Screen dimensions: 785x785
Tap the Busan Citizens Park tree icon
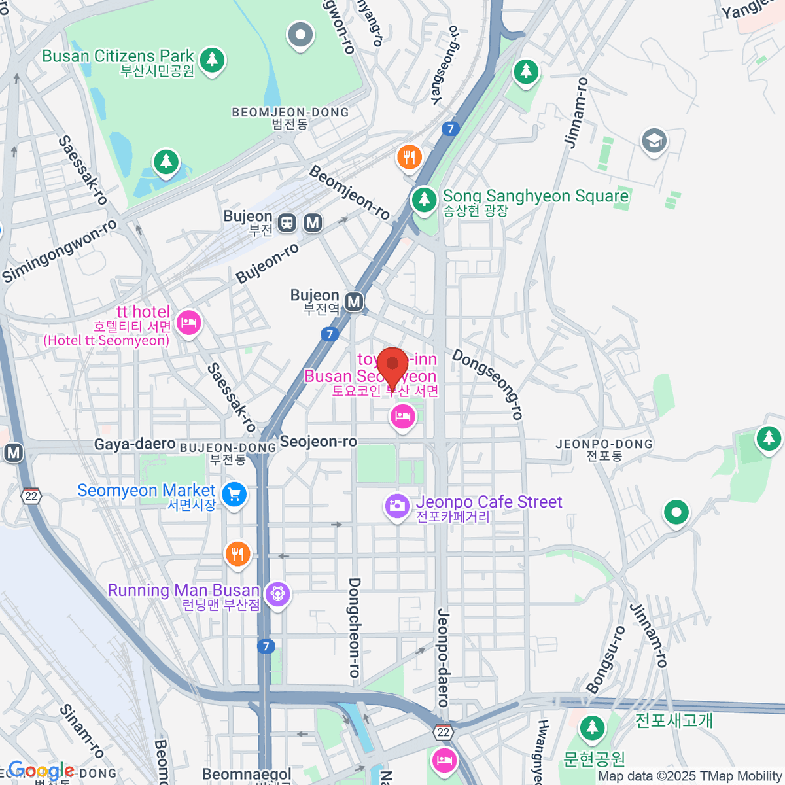tap(211, 60)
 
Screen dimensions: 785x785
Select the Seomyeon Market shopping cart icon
tap(234, 494)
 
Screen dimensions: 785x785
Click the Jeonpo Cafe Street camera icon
tap(396, 505)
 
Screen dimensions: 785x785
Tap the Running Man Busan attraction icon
tap(278, 594)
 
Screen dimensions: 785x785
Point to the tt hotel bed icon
tap(189, 323)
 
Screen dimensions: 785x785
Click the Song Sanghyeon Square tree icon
tap(424, 199)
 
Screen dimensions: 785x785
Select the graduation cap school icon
tap(654, 141)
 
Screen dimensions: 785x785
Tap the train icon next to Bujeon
tap(287, 223)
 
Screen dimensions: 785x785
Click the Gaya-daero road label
tap(135, 445)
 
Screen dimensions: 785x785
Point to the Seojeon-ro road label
tap(319, 442)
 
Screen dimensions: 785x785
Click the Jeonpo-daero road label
tap(443, 657)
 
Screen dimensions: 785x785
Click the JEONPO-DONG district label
tap(604, 444)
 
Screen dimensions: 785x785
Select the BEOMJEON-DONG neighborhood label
tap(290, 113)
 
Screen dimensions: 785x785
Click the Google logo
tap(41, 771)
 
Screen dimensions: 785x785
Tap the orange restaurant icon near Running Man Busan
tap(237, 554)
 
